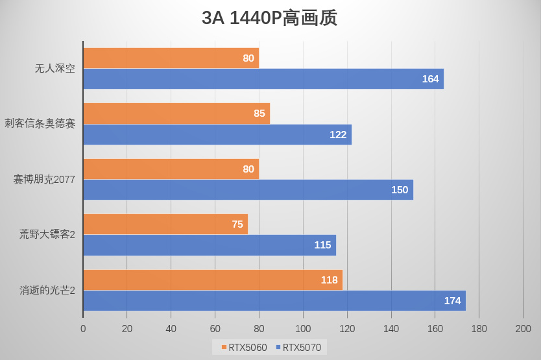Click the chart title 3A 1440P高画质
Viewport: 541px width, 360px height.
click(269, 18)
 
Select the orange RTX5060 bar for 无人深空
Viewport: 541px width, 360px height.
click(171, 58)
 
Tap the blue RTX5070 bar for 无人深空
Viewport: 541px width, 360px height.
click(263, 78)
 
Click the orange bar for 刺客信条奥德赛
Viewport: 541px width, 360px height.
click(176, 113)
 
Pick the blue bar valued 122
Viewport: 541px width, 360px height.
click(217, 134)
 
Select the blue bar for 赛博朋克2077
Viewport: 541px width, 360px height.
click(248, 189)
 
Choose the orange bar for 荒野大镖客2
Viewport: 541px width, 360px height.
click(165, 224)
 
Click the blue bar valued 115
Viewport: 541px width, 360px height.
click(209, 245)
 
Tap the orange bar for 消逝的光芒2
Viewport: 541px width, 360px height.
click(212, 280)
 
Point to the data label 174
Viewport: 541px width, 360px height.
click(452, 300)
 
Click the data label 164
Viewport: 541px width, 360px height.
click(430, 78)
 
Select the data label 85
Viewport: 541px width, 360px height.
click(259, 113)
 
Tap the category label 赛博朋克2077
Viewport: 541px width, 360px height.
click(44, 179)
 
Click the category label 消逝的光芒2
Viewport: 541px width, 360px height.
click(47, 290)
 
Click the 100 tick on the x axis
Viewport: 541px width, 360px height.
click(303, 329)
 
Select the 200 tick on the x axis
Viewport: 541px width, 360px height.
click(523, 329)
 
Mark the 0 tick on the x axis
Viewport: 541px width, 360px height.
click(83, 329)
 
